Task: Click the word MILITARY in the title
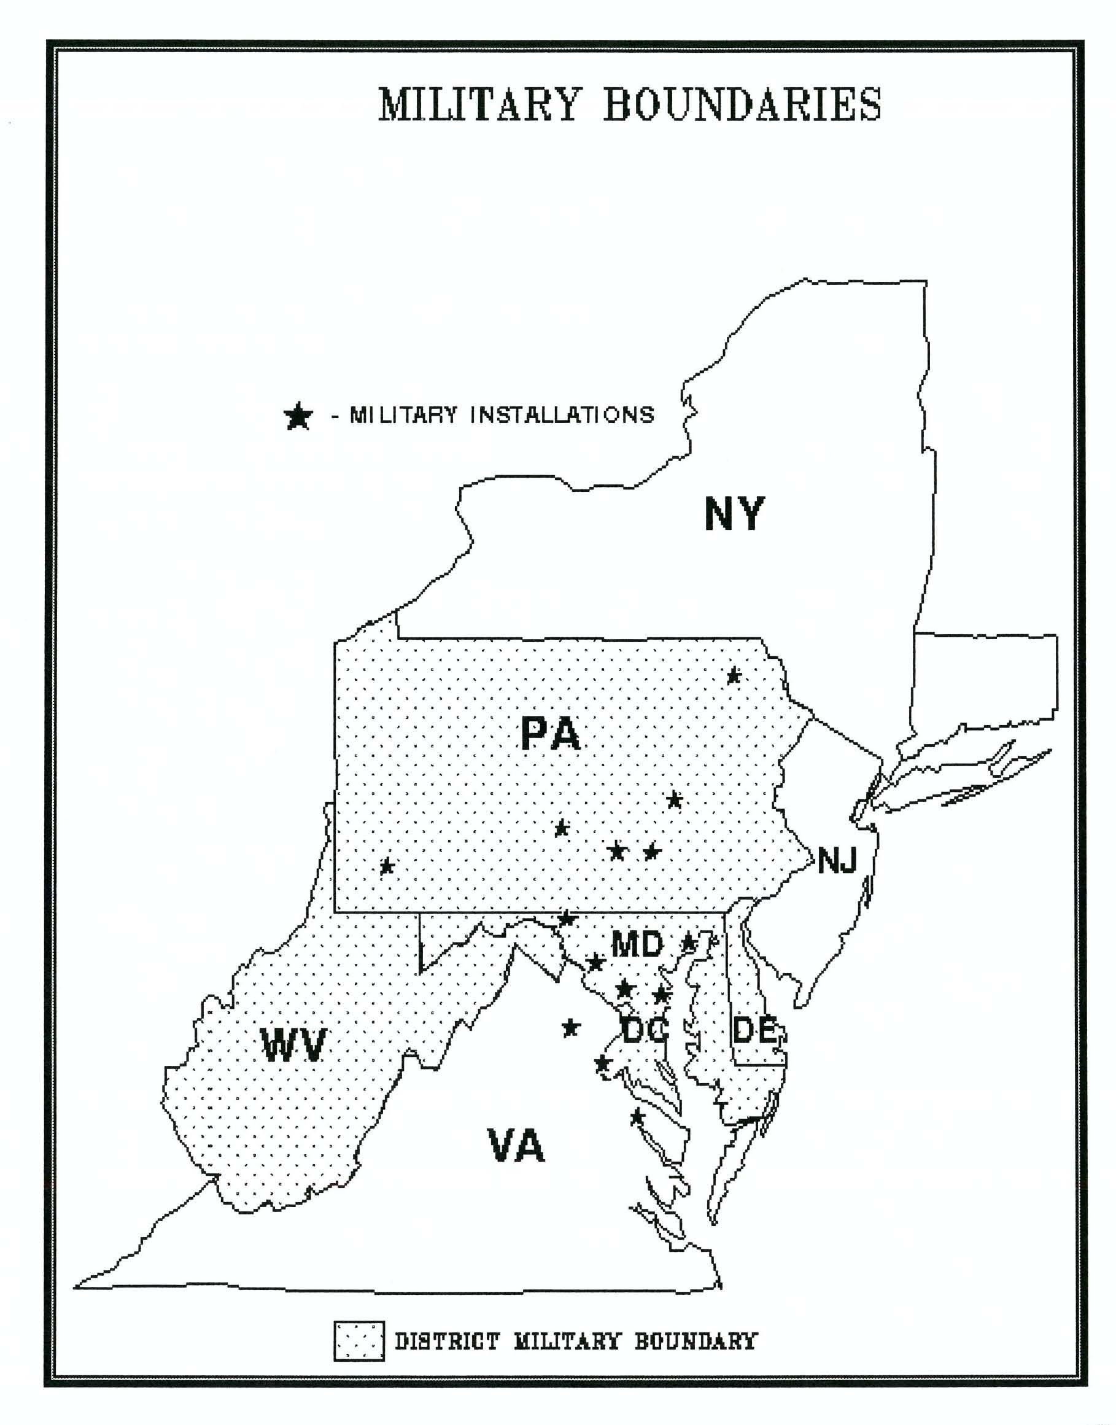tap(479, 104)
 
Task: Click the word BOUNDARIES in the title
tap(742, 104)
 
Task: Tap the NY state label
tap(734, 514)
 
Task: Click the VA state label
tap(516, 1146)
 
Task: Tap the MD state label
tap(637, 944)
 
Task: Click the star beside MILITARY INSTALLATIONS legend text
tap(298, 416)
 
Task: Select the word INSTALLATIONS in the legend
tap(562, 415)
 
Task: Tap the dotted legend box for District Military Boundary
tap(358, 1342)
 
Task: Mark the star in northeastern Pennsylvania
tap(734, 675)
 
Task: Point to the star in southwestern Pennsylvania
tap(387, 866)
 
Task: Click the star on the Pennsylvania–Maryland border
tap(567, 918)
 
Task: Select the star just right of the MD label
tap(688, 943)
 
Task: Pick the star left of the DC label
tap(570, 1028)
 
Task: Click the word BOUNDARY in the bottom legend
tap(696, 1342)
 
